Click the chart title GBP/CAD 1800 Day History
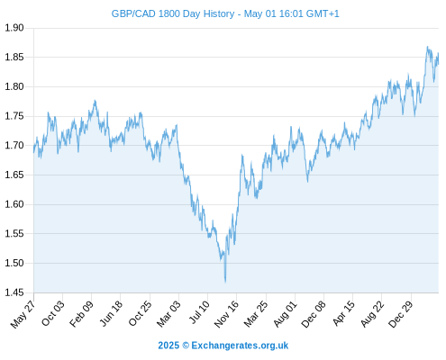pos(173,13)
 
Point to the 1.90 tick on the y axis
pos(14,28)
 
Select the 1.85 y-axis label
pos(14,57)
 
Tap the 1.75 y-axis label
pos(14,116)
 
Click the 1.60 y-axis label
pos(14,204)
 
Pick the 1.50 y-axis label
pos(14,263)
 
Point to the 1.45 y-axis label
pos(14,292)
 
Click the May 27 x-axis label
pos(23,314)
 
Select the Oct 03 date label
pos(53,313)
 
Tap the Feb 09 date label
pos(81,314)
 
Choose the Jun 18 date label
pos(111,313)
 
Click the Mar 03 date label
pos(168,314)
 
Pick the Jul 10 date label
pos(199,312)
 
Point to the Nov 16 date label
pos(226,314)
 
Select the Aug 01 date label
pos(285,314)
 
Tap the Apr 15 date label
pos(343,313)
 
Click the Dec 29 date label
pos(400,314)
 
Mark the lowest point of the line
pos(225,282)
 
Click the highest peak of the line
pos(427,47)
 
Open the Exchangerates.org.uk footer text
pos(240,346)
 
